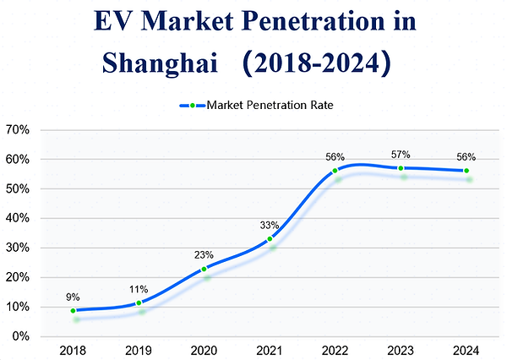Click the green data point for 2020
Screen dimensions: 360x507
pos(204,269)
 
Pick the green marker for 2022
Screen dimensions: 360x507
pos(335,171)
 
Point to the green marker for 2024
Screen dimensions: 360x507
pos(466,171)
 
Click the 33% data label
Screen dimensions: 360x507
pos(270,225)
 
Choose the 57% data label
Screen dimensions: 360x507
pos(401,155)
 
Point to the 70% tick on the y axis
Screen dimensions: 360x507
pos(19,130)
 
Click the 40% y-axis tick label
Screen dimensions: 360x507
pos(19,218)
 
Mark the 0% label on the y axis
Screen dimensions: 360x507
pos(22,336)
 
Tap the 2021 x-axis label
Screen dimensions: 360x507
pos(270,351)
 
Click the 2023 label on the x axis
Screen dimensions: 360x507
pos(401,351)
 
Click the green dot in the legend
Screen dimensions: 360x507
pos(193,106)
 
